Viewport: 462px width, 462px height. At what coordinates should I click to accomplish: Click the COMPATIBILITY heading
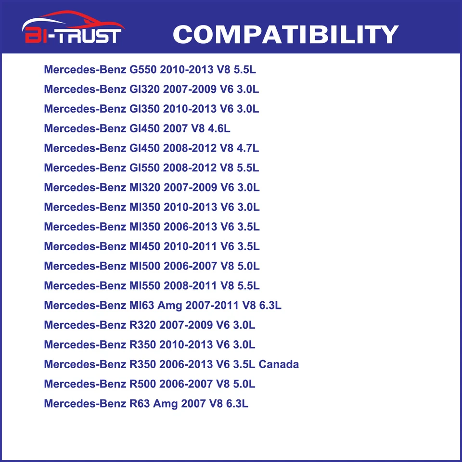click(x=285, y=35)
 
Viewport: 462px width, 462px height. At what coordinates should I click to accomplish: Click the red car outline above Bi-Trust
click(x=72, y=21)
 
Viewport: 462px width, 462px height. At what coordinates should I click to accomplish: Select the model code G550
click(x=143, y=69)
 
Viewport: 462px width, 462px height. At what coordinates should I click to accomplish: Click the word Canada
click(x=279, y=364)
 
